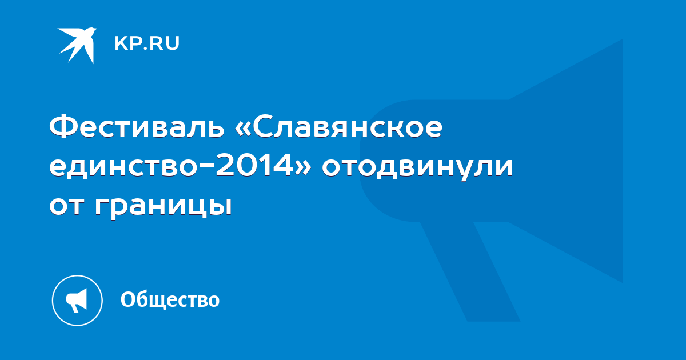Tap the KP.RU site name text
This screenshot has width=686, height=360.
(147, 43)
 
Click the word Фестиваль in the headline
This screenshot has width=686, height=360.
(137, 126)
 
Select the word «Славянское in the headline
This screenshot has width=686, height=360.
(338, 126)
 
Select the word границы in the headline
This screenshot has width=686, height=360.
(163, 207)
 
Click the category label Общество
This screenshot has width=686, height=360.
(170, 299)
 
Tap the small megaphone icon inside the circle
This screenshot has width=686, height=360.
(77, 300)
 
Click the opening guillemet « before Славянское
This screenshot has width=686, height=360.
(242, 127)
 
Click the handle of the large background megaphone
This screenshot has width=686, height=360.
(470, 271)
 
